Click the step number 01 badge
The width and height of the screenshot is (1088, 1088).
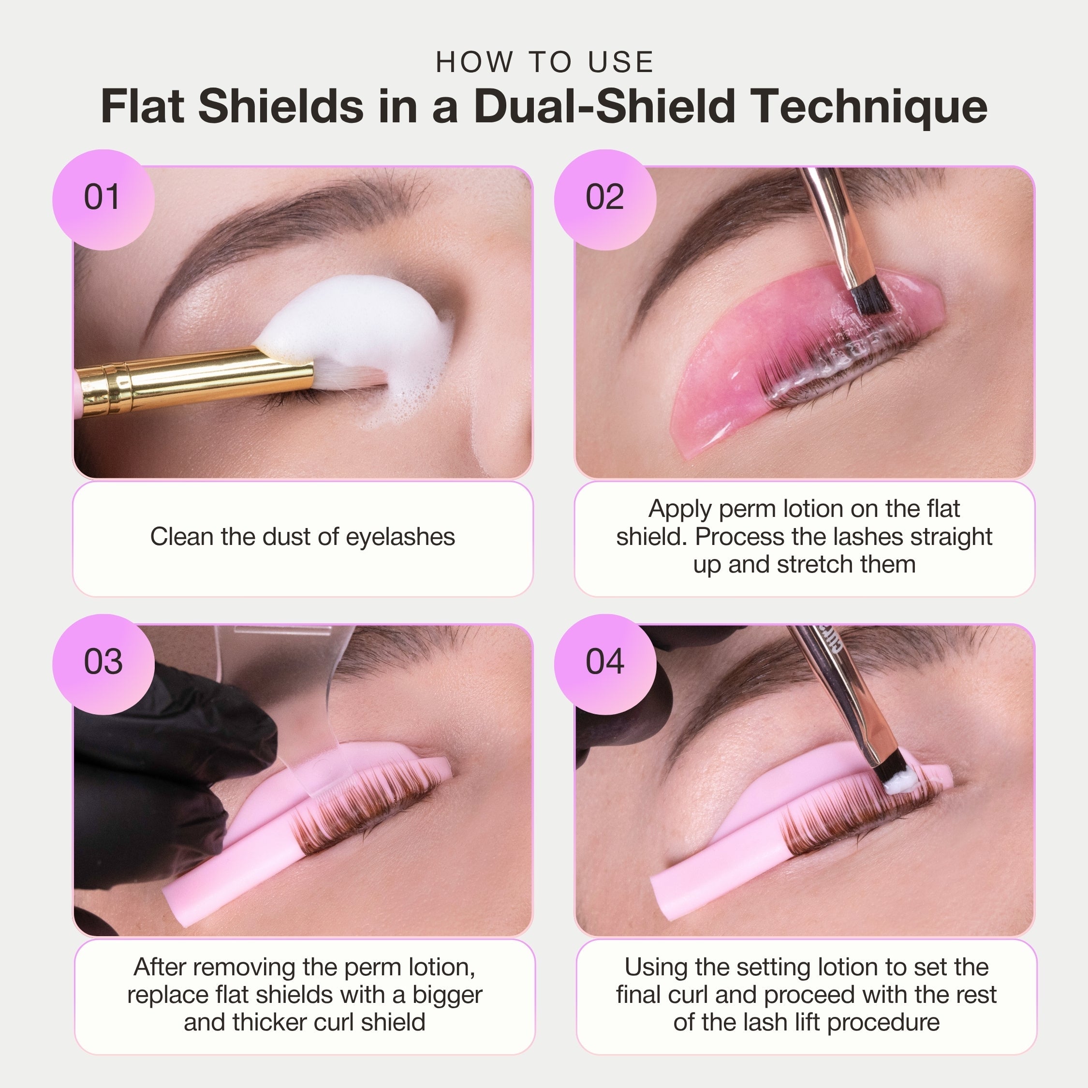pos(103,199)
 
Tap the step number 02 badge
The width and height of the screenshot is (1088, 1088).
pos(605,199)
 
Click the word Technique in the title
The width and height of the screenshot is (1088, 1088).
pos(870,107)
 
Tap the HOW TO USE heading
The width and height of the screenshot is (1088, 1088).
pos(544,62)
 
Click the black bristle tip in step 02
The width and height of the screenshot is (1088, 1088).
pos(869,298)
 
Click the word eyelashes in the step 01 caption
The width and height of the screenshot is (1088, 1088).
pos(400,537)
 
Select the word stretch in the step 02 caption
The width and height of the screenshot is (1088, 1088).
pos(814,565)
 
